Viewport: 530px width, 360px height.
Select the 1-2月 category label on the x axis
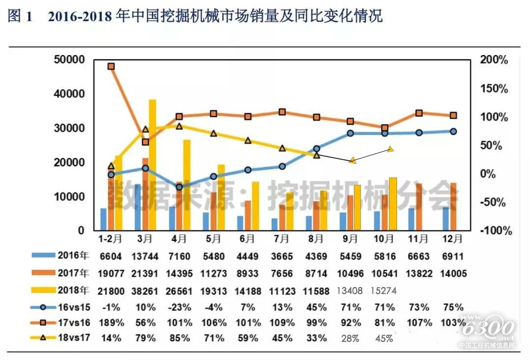pyautogui.click(x=110, y=240)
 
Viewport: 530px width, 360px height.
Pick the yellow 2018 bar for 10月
pyautogui.click(x=393, y=204)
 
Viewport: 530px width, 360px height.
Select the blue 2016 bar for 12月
pyautogui.click(x=446, y=219)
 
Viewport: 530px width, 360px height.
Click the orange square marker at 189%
pyautogui.click(x=111, y=66)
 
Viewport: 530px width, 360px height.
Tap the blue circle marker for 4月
pyautogui.click(x=179, y=187)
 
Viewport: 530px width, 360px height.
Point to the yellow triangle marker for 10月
pyautogui.click(x=391, y=149)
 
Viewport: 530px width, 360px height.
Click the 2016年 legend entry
pyautogui.click(x=59, y=256)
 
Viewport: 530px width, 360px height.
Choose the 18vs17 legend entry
pyautogui.click(x=59, y=338)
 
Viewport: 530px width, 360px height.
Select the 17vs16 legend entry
pyautogui.click(x=59, y=322)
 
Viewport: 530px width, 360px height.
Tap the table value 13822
pyautogui.click(x=419, y=274)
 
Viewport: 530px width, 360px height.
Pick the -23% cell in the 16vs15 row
pyautogui.click(x=179, y=308)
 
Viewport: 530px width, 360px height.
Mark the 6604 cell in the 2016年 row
pyautogui.click(x=111, y=257)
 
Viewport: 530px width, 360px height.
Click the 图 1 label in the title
pyautogui.click(x=21, y=17)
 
